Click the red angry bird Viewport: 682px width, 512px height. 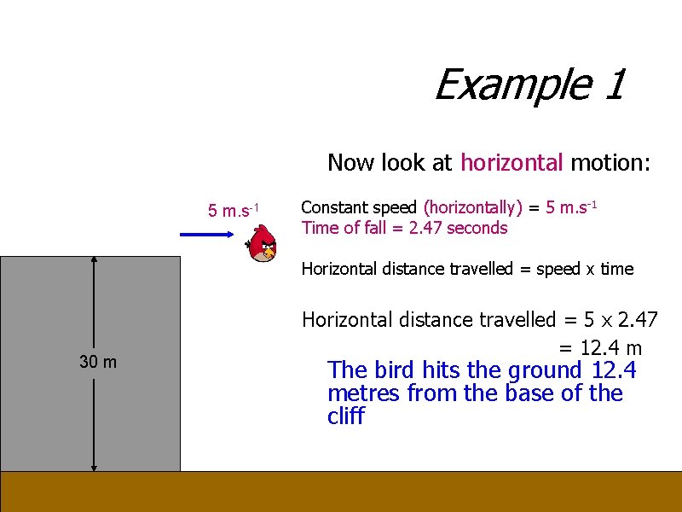pos(263,244)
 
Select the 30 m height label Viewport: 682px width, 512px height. pos(98,362)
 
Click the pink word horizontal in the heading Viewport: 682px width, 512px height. pos(511,162)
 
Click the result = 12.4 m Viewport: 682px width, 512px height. pos(600,348)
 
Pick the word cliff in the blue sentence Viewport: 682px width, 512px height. pos(345,417)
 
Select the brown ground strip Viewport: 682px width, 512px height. pos(341,492)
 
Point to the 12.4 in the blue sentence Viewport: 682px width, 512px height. pos(613,370)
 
